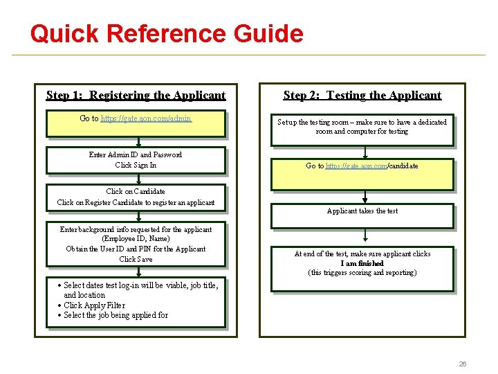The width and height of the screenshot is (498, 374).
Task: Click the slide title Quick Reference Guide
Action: [167, 33]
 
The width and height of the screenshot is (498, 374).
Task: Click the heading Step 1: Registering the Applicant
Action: [136, 96]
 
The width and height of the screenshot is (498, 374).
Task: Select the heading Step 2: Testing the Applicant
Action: [362, 96]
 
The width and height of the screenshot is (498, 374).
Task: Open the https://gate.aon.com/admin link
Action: [146, 118]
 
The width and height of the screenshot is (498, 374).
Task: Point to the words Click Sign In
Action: [136, 165]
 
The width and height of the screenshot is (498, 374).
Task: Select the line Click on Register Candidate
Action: [136, 203]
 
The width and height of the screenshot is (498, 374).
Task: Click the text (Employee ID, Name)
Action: [136, 239]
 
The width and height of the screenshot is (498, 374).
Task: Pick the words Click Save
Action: [136, 259]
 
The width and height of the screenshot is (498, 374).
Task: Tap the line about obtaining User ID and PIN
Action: [136, 249]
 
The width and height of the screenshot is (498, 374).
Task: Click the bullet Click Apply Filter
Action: [94, 305]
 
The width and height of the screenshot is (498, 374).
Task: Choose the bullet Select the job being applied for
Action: [116, 315]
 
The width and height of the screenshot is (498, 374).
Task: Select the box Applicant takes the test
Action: [362, 211]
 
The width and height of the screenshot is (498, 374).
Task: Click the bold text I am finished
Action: [362, 263]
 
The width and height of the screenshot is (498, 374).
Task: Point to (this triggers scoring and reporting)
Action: [362, 273]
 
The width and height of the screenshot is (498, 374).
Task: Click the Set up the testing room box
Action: [362, 127]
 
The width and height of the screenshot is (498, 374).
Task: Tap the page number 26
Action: [463, 364]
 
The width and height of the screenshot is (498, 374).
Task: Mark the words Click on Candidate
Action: [136, 191]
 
